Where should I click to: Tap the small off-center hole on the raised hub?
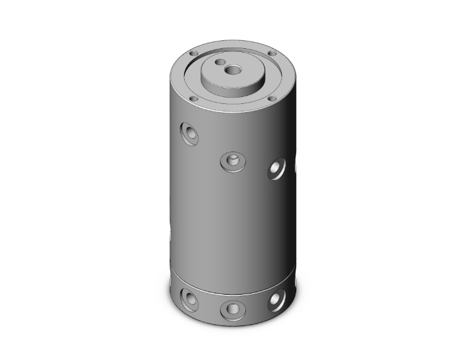pyautogui.click(x=220, y=63)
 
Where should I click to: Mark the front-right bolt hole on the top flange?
pyautogui.click(x=272, y=98)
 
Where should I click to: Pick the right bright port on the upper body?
pyautogui.click(x=276, y=168)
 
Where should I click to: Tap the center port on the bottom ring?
pyautogui.click(x=232, y=308)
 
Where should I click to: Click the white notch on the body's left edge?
pyautogui.click(x=170, y=235)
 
